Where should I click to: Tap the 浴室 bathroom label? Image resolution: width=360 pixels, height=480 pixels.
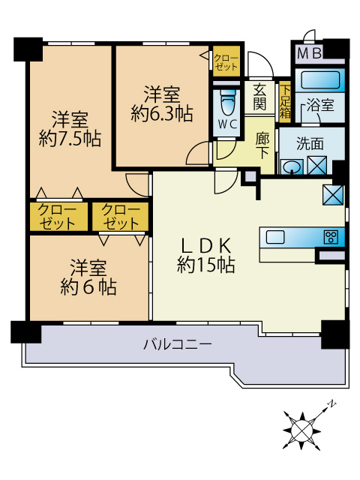click(322, 106)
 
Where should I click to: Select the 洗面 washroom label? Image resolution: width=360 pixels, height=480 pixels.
click(310, 142)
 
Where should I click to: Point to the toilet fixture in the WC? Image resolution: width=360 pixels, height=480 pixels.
click(226, 102)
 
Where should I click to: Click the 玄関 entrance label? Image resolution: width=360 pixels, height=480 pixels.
click(259, 96)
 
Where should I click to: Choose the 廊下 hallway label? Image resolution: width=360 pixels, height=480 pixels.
click(262, 145)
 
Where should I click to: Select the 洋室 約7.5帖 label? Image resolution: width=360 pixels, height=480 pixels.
click(70, 128)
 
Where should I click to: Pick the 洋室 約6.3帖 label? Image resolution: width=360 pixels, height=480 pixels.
click(161, 103)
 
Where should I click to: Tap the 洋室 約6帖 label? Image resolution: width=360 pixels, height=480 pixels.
click(88, 277)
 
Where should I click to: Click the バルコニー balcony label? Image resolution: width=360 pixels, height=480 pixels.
click(178, 344)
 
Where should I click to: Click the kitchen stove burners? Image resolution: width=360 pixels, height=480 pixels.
click(331, 237)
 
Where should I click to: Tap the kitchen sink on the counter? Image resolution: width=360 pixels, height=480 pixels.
click(275, 237)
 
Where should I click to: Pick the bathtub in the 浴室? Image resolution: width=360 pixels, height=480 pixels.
click(321, 79)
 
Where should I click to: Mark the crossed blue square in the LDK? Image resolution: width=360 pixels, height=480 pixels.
click(332, 194)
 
